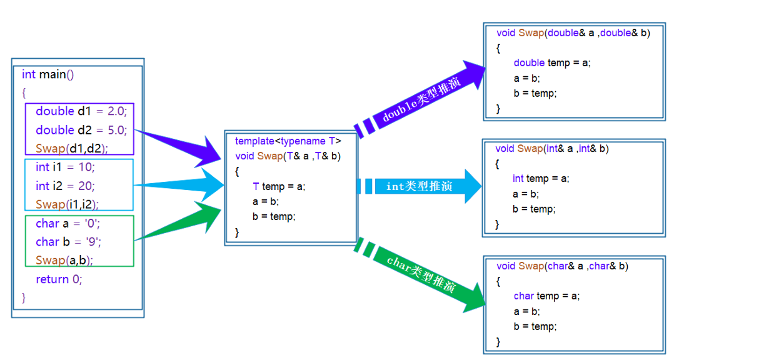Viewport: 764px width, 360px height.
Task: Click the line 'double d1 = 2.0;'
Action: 81,111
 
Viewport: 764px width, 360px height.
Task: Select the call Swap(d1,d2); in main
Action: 72,149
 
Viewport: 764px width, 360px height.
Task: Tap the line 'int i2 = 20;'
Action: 65,186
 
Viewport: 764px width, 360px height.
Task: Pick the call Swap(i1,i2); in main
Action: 68,204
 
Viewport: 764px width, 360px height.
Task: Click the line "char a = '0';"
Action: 68,223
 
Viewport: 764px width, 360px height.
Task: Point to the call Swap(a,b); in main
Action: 64,260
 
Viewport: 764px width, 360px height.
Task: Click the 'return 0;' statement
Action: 59,279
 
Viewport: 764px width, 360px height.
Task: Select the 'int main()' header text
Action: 48,74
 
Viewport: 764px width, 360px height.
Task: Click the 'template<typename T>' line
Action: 288,141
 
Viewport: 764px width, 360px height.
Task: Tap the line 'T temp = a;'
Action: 279,186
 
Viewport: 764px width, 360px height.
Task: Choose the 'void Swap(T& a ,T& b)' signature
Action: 288,156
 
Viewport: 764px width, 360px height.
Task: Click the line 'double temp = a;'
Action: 552,62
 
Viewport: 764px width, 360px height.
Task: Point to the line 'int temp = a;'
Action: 541,179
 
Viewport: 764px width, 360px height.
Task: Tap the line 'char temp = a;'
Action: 546,296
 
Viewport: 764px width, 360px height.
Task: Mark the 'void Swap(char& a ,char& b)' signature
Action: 562,266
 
